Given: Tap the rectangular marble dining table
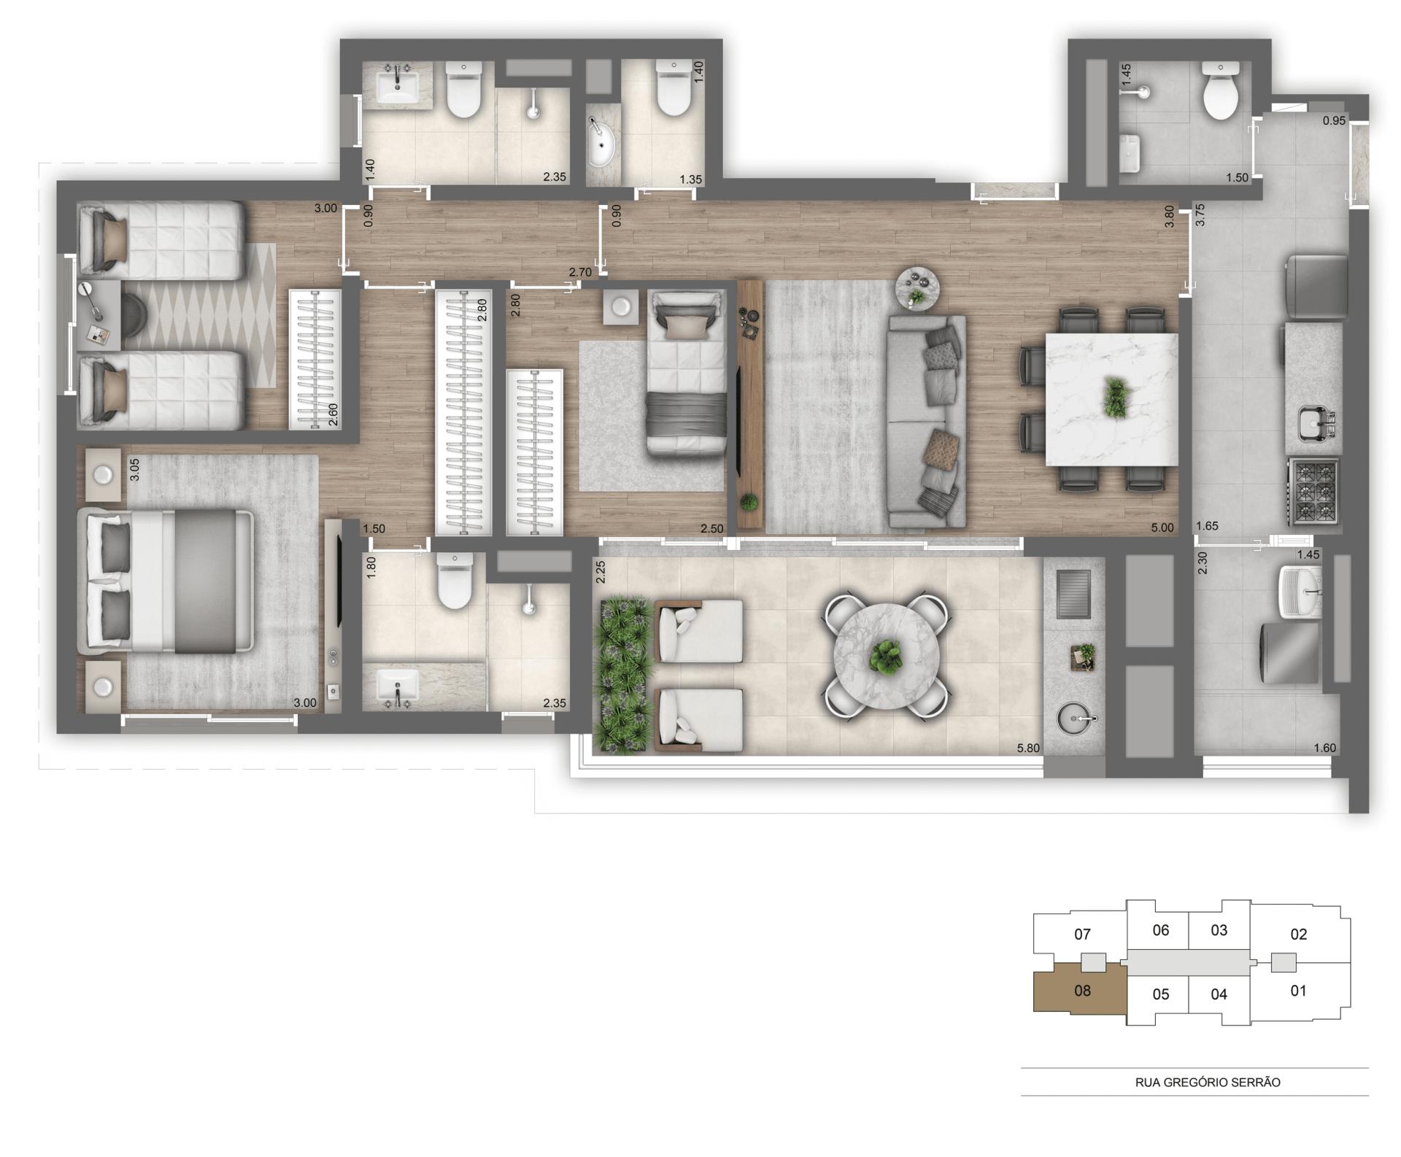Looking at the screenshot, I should click(1111, 399).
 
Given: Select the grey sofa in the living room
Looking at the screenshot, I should click(926, 421).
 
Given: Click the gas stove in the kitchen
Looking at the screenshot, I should click(1314, 491).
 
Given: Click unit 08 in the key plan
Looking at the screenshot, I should click(1081, 991).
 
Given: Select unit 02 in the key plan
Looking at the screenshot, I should click(1298, 934).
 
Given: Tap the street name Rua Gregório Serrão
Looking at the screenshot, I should click(1208, 1083).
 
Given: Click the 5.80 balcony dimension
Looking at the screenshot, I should click(1028, 748).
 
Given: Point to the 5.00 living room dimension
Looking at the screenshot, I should click(1162, 527).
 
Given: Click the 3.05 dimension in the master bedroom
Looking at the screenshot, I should click(134, 469).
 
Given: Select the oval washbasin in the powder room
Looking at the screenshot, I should click(602, 144).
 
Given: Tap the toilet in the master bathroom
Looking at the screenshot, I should click(454, 581).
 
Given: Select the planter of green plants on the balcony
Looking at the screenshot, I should click(622, 673).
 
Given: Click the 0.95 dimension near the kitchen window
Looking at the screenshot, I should click(1334, 121).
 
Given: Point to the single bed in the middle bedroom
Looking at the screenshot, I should click(686, 372).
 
